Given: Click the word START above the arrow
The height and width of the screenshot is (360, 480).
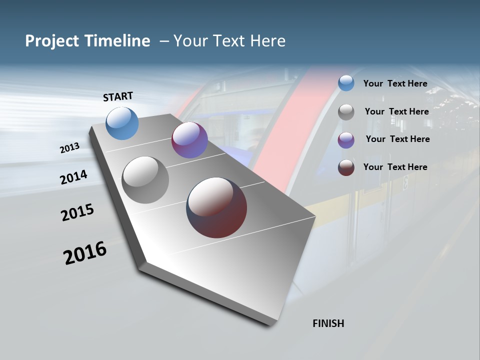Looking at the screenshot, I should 118,96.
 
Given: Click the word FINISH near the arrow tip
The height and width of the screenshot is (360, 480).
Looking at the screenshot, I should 328,323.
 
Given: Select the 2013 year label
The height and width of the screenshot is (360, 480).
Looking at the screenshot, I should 69,148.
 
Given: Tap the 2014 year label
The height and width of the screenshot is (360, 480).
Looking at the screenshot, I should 73,177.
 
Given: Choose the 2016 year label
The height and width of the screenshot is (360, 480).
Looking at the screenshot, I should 85,252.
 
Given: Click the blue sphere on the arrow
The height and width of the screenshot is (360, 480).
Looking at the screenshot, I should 122,123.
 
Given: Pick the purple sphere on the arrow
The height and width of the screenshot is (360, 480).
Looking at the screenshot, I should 189,140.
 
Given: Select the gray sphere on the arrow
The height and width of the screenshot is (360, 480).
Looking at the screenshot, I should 145,180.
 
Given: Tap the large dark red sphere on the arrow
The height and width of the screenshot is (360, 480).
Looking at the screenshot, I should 216,207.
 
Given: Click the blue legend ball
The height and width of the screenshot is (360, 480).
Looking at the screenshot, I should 346,83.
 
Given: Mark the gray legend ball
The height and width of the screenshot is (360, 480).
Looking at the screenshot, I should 346,112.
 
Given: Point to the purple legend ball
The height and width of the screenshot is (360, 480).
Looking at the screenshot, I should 346,140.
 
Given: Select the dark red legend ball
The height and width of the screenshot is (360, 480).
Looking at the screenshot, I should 346,167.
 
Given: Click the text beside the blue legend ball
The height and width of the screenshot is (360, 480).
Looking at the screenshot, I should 395,84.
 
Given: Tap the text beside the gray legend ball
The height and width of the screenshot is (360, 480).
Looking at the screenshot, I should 396,111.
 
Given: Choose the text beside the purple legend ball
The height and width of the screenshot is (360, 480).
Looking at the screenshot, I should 397,139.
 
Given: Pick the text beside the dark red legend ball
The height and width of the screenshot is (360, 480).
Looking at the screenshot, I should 395,167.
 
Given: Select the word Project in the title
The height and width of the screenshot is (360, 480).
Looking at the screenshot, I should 51,41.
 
